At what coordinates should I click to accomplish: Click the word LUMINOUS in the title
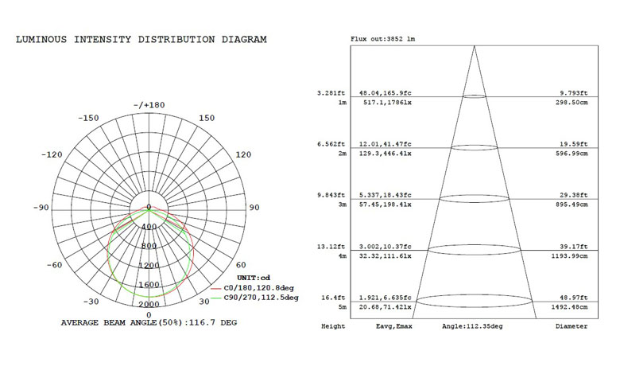click(x=41, y=40)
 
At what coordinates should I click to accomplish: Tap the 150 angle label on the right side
click(x=207, y=118)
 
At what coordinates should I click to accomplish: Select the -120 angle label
click(x=52, y=154)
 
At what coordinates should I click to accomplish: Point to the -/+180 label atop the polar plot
click(x=149, y=105)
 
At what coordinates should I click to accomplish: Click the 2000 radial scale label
click(x=149, y=304)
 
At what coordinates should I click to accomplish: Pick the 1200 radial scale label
click(x=149, y=265)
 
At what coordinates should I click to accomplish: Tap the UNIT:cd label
click(x=254, y=278)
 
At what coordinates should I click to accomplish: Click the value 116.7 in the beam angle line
click(x=202, y=322)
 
